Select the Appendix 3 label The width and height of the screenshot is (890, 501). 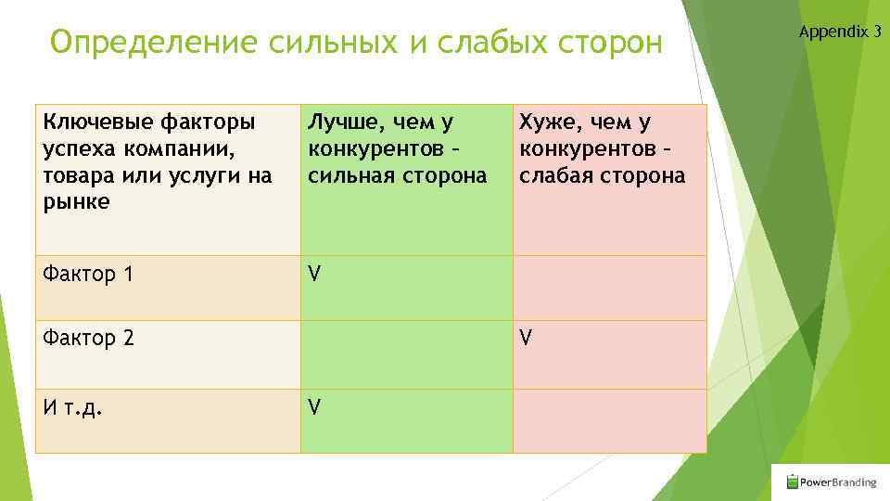coord(839,32)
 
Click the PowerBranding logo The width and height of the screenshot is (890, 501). coord(831,482)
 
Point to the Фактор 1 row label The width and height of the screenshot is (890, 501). coord(88,275)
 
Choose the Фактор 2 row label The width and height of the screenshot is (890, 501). coord(88,339)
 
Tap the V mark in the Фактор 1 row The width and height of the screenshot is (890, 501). coord(314,275)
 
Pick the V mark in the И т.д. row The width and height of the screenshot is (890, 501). coord(314,405)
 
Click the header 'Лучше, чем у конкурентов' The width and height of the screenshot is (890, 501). coord(385,135)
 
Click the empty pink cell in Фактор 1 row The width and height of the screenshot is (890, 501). coord(609,288)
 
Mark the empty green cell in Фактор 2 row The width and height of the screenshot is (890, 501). coord(406,354)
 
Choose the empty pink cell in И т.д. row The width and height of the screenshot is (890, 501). coord(609,420)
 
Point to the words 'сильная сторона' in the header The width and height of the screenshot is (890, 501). coord(397,175)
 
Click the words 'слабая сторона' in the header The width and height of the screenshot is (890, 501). coord(603,175)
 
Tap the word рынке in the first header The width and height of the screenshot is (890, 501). coord(75,202)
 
